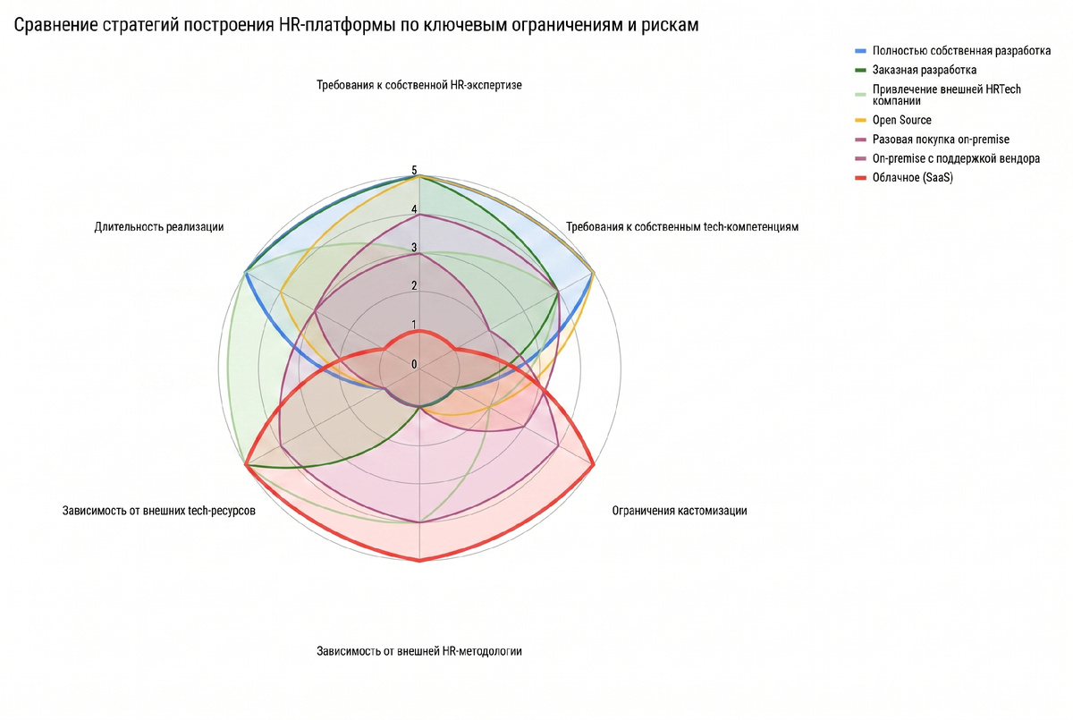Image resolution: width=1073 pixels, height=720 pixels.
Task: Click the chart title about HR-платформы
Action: tap(356, 25)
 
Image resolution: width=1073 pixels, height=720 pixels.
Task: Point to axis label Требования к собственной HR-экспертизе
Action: tap(419, 85)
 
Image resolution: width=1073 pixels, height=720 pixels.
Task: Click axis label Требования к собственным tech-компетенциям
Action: tap(682, 226)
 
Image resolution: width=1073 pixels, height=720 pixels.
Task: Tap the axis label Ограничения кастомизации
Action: tap(680, 511)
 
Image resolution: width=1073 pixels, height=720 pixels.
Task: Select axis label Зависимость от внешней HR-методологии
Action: tap(419, 651)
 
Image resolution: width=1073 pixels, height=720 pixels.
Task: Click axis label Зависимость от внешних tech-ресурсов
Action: tap(158, 511)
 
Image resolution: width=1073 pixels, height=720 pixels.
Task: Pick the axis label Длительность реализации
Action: tap(158, 226)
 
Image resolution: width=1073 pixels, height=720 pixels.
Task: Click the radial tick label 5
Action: tap(414, 170)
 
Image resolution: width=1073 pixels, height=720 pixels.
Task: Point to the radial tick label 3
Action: tap(414, 248)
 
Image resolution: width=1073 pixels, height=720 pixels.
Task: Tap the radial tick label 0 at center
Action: tap(414, 364)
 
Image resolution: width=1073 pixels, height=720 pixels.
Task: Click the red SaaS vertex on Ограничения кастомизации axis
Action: tap(594, 465)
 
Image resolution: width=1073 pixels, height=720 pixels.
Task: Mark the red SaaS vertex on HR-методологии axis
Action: tap(419, 560)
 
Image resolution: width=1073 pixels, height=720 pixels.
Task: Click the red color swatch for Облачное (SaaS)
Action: tap(861, 178)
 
